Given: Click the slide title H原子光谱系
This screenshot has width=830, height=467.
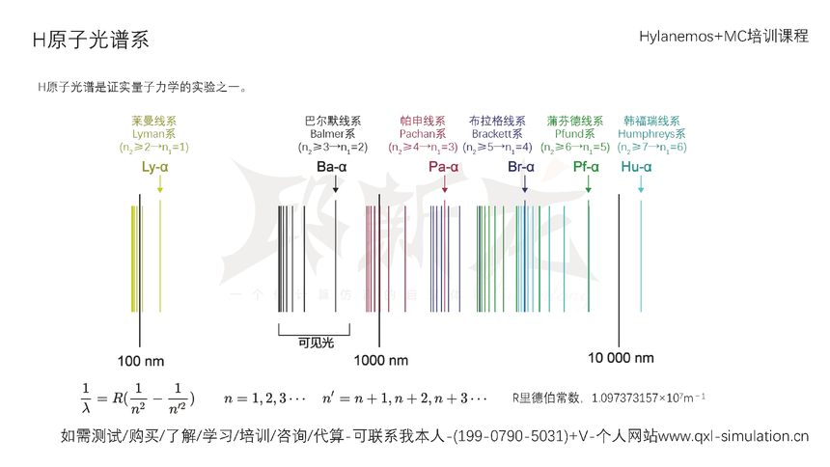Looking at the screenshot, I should [x=91, y=40].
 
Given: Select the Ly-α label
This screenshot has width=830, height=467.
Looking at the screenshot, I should [x=154, y=167].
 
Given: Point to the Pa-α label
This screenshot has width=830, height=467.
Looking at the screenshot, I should [x=443, y=167].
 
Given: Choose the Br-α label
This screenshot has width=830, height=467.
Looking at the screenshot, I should [x=521, y=167].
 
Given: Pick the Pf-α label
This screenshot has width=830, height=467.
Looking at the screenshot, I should [x=586, y=167].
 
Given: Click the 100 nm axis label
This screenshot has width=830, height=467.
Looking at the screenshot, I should [x=141, y=360].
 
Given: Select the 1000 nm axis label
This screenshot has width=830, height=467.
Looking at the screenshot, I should [x=380, y=360].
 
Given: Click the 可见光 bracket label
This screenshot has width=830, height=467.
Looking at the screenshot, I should [x=315, y=342].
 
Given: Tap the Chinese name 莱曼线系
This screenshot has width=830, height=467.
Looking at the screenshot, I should [x=154, y=122].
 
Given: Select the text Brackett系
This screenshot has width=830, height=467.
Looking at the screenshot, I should [x=496, y=134].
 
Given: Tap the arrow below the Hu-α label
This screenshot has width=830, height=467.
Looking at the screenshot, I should [x=641, y=185].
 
